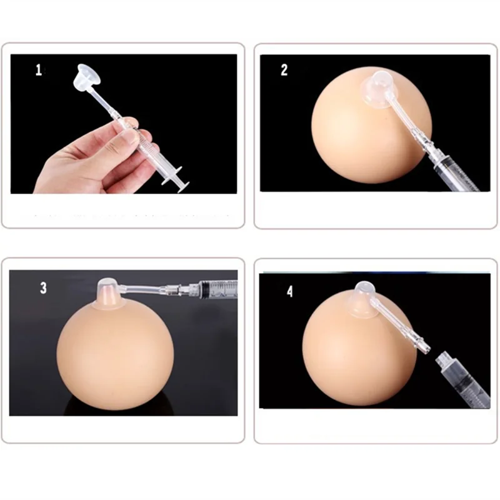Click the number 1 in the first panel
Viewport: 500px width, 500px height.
(39, 70)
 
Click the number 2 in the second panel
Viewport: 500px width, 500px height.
(284, 70)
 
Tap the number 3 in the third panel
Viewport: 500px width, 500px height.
(43, 287)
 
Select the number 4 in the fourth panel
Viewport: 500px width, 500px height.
(289, 291)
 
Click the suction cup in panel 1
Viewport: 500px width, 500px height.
(85, 76)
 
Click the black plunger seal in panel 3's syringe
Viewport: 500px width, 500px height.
(207, 289)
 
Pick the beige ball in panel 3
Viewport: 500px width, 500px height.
(115, 357)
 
